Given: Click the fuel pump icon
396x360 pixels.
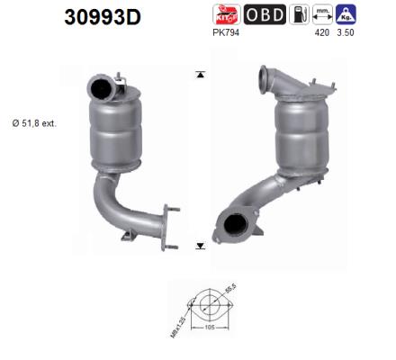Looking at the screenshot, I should (300, 14).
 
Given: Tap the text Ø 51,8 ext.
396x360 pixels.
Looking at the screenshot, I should (36, 123).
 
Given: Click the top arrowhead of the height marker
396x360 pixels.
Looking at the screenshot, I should (200, 73).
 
